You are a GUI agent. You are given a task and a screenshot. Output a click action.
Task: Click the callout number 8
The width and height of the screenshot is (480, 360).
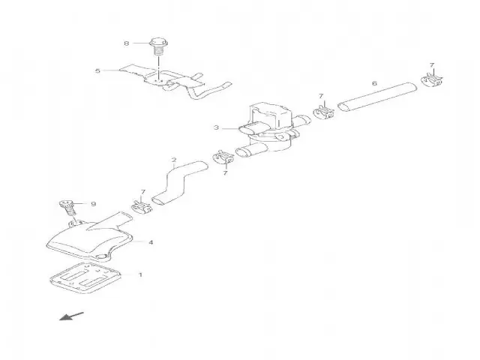click(127, 43)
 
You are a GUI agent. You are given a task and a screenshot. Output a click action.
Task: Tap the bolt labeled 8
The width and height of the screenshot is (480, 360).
click(158, 46)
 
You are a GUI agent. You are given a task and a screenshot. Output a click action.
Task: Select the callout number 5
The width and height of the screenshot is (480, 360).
click(97, 71)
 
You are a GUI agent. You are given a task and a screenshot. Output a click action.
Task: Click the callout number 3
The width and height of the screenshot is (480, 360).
click(216, 127)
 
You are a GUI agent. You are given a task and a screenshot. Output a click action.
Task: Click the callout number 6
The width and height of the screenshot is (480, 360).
click(374, 83)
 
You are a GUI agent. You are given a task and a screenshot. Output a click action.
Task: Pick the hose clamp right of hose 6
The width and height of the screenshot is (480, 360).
click(432, 80)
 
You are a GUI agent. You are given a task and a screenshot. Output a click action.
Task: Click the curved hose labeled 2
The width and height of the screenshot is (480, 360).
click(180, 183)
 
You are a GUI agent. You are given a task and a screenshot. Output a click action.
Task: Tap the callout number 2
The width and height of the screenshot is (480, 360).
click(174, 160)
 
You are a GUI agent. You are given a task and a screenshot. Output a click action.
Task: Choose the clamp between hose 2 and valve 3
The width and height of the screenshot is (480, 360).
click(223, 157)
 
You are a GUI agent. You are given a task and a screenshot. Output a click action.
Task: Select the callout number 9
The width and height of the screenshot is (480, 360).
click(94, 204)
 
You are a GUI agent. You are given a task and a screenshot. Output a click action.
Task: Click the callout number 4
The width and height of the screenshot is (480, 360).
click(151, 242)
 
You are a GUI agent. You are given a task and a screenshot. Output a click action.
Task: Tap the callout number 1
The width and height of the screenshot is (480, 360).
click(140, 274)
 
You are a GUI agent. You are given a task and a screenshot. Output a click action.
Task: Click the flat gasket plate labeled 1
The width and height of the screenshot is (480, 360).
click(85, 277)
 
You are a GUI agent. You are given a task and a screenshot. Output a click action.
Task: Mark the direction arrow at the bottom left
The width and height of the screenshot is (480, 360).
click(71, 316)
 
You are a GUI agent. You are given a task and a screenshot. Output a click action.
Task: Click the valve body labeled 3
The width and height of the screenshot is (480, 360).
click(269, 127)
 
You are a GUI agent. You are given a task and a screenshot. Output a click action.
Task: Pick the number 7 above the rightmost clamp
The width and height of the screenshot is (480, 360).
click(432, 65)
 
